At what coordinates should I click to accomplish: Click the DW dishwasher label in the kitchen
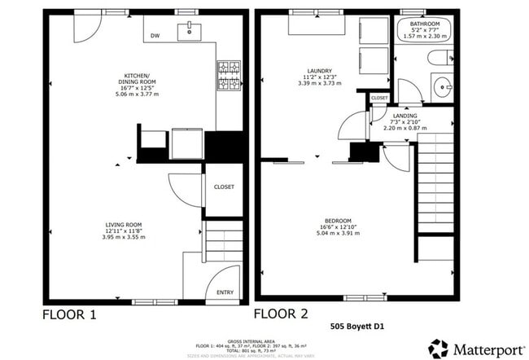(155, 37)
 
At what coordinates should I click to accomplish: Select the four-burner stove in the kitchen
(226, 75)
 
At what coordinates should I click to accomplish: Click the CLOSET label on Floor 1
(224, 187)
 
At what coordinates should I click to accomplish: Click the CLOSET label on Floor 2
(380, 99)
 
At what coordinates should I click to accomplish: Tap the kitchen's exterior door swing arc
(86, 31)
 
